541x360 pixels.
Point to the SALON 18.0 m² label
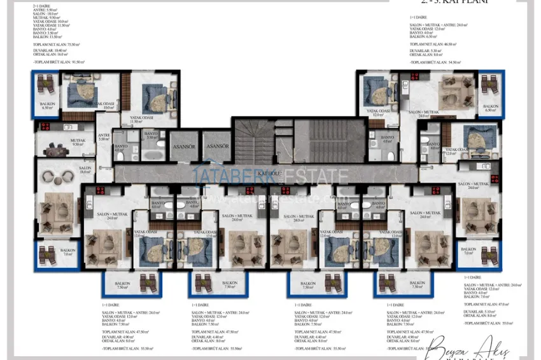coord(85,170)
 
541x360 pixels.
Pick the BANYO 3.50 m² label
coord(151,136)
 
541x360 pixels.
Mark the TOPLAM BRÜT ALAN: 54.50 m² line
coord(435,62)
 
